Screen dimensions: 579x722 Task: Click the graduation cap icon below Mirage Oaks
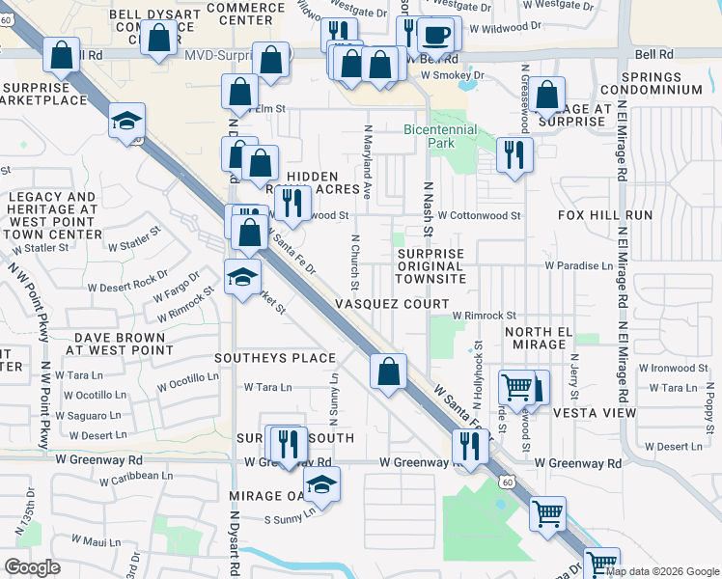[x=321, y=486]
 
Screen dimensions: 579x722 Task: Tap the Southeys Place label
[x=275, y=358]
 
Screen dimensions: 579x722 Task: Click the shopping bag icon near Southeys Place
[x=388, y=372]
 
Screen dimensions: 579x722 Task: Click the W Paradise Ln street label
[x=578, y=265]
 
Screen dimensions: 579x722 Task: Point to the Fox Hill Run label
[x=611, y=215]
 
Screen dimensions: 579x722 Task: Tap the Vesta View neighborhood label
[x=595, y=413]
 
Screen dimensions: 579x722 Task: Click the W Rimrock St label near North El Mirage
[x=485, y=316]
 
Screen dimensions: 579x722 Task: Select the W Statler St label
[x=42, y=248]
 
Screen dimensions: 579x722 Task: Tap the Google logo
[x=32, y=567]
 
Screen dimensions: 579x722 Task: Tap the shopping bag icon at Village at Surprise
[x=547, y=95]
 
